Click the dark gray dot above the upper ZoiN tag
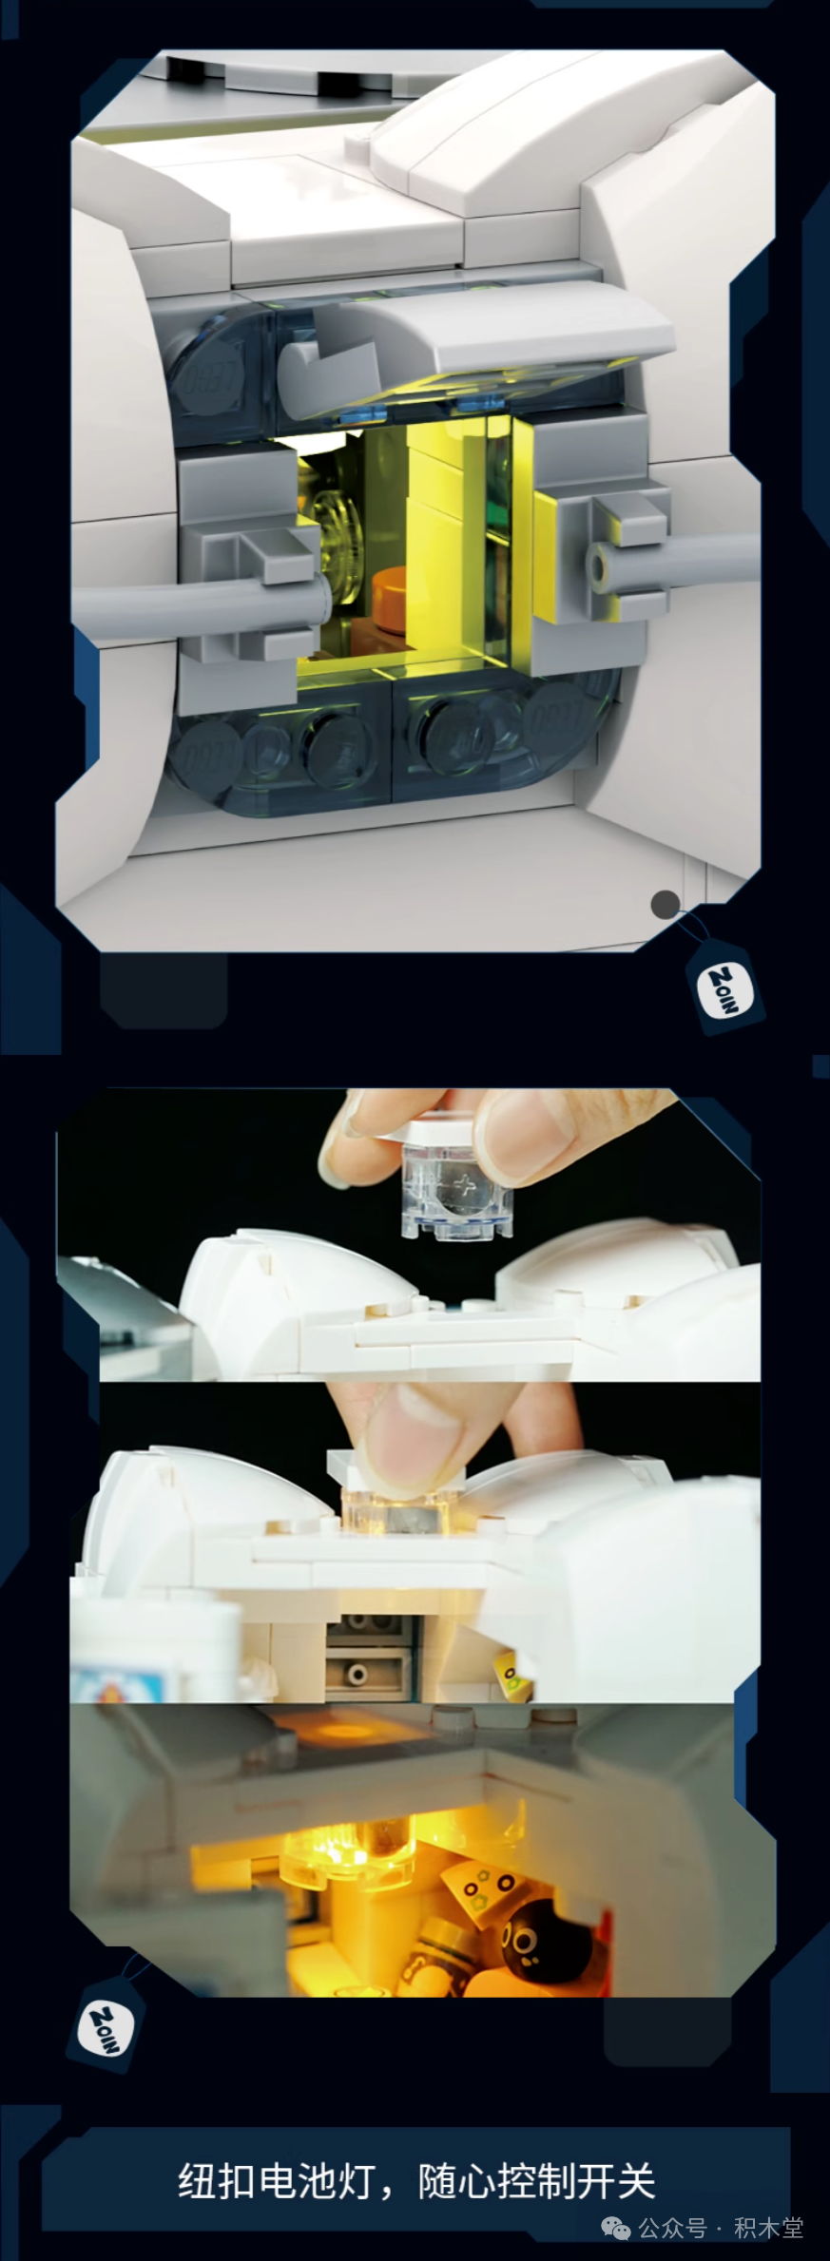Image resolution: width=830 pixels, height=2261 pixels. click(x=666, y=904)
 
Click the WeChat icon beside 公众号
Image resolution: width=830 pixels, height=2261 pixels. click(x=618, y=2228)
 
